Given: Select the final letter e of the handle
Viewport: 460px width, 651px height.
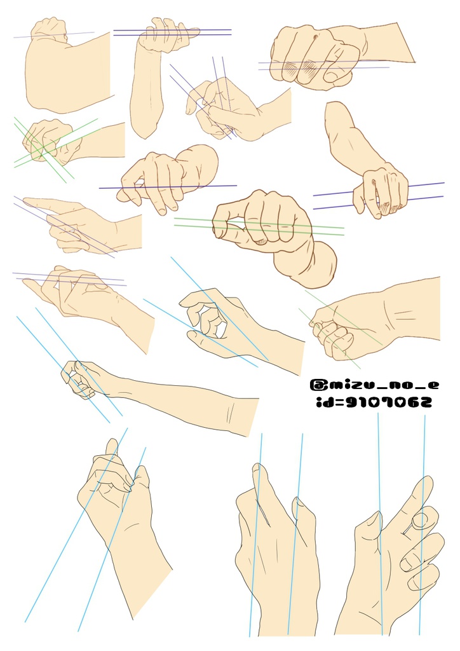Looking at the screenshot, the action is pyautogui.click(x=432, y=385).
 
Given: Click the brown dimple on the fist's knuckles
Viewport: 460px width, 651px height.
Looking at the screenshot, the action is pyautogui.click(x=316, y=38).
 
